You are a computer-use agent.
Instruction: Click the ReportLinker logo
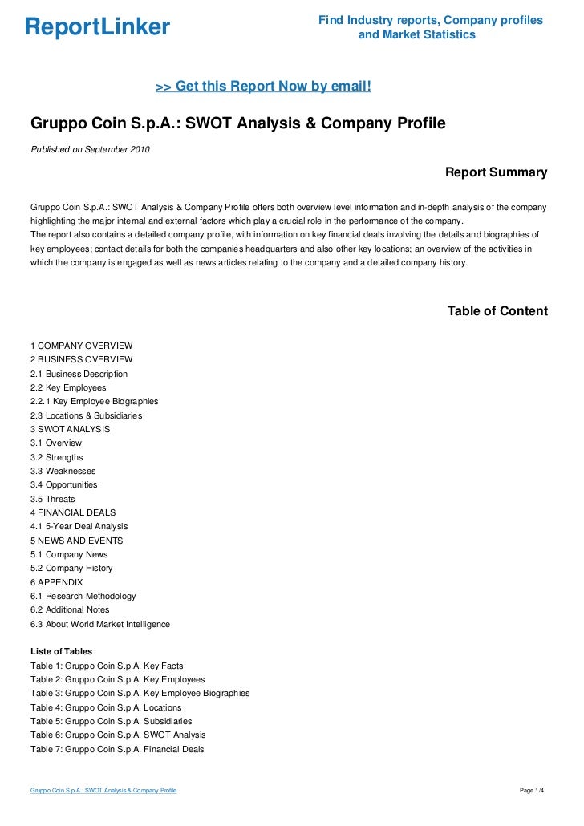point(98,27)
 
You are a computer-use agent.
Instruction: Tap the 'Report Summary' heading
point(496,172)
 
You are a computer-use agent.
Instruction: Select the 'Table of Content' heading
point(497,311)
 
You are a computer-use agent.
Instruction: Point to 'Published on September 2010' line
point(90,150)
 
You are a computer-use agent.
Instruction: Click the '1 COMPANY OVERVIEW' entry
point(81,346)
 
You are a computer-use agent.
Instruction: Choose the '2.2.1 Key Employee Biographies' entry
point(94,401)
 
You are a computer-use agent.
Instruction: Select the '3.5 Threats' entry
point(52,499)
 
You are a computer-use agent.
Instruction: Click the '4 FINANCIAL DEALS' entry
point(73,512)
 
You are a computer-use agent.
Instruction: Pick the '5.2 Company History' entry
point(71,568)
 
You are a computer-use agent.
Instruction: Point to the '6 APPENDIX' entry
point(56,582)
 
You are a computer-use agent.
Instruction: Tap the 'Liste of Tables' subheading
point(61,651)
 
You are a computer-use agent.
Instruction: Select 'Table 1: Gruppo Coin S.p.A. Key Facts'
point(107,666)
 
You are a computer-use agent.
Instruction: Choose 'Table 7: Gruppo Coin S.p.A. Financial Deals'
point(117,749)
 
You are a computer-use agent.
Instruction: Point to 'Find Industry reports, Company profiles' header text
point(430,20)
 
